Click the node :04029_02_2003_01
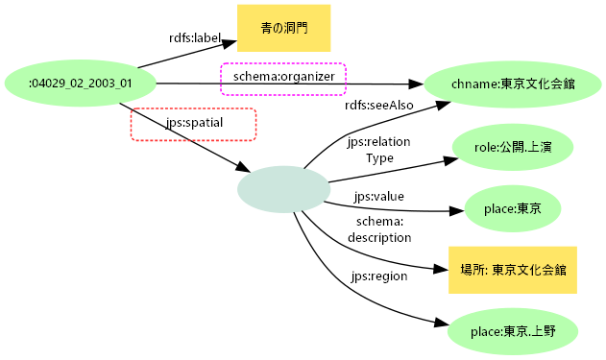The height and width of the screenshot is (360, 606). [x=81, y=84]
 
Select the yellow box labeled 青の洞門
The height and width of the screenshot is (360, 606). [x=279, y=28]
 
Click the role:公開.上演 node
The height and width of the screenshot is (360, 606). [x=510, y=148]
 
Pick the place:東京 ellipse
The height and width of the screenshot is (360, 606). [x=512, y=207]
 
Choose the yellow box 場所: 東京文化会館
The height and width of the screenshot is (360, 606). [x=512, y=270]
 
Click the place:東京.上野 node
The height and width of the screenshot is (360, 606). [x=512, y=331]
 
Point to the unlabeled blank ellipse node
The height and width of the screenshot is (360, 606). [x=283, y=188]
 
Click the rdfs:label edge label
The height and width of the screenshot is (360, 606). [x=195, y=38]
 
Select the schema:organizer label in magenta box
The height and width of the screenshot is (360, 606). [x=283, y=77]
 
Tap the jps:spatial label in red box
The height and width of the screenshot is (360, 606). [x=193, y=124]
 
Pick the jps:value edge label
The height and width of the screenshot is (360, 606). [x=378, y=196]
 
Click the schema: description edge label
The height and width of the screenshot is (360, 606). [x=378, y=229]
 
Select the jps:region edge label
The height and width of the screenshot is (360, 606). [x=379, y=276]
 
